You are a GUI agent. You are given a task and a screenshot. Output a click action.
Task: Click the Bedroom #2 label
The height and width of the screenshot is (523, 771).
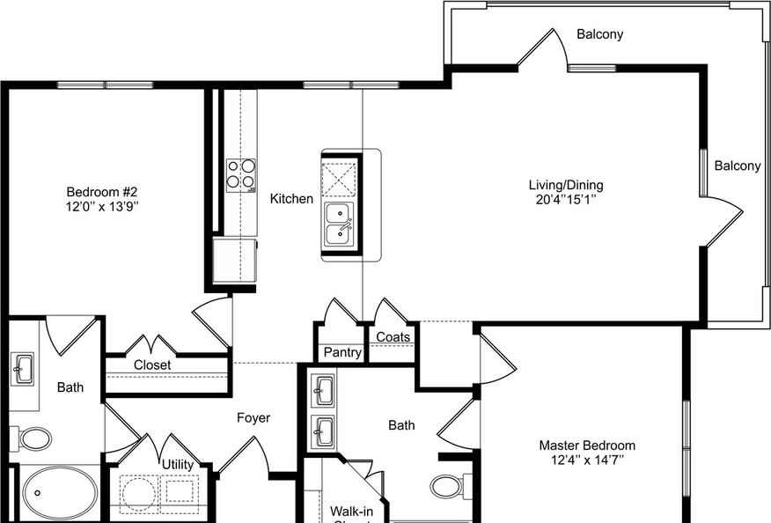click(x=103, y=192)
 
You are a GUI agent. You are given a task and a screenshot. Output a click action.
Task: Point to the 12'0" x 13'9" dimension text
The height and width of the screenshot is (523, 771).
click(x=103, y=207)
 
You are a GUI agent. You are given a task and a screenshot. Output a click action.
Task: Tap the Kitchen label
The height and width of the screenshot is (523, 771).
click(x=291, y=199)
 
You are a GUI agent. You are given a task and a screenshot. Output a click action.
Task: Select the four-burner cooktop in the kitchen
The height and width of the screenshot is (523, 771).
click(x=240, y=174)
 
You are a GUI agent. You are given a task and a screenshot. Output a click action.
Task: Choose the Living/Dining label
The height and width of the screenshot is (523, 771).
click(x=566, y=185)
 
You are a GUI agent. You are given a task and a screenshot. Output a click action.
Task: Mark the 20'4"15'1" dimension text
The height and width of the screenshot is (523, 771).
click(x=566, y=200)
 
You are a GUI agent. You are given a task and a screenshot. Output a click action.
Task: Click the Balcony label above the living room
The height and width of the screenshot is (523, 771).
click(x=599, y=34)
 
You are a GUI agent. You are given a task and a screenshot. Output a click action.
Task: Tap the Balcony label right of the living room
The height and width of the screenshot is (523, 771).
click(x=737, y=166)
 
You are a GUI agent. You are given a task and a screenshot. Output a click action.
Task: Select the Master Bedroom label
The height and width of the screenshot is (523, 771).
click(x=587, y=446)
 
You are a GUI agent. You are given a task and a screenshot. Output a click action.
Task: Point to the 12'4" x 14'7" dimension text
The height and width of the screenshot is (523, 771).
click(x=587, y=460)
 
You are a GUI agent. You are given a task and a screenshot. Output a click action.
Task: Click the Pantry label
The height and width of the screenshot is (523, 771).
click(x=342, y=353)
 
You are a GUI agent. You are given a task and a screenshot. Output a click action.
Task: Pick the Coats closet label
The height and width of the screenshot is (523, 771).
click(x=393, y=337)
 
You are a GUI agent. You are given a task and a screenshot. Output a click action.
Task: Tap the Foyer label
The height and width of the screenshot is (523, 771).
click(x=253, y=418)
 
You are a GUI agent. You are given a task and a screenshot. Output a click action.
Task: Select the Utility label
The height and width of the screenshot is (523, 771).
click(x=177, y=464)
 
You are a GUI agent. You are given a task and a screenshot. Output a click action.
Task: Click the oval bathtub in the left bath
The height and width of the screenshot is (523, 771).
click(x=62, y=494)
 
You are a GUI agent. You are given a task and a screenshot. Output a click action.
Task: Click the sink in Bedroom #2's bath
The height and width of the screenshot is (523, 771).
click(x=23, y=367)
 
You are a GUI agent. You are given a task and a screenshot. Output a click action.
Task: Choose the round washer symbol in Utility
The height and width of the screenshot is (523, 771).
click(x=138, y=493)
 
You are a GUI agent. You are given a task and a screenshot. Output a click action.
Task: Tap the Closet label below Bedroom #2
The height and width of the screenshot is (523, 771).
click(x=152, y=365)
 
